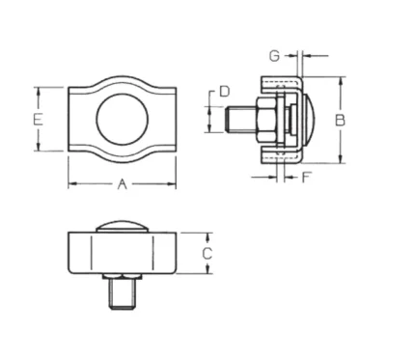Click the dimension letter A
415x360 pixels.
(x=122, y=184)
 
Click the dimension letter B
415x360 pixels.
(x=340, y=120)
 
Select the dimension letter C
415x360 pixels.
(x=207, y=253)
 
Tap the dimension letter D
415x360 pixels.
(x=225, y=92)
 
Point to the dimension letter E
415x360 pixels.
(x=38, y=120)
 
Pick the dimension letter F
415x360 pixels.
(x=307, y=178)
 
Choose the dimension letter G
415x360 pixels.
(x=274, y=56)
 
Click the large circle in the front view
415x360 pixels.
(x=122, y=120)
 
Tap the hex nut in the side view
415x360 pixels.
(x=266, y=120)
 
